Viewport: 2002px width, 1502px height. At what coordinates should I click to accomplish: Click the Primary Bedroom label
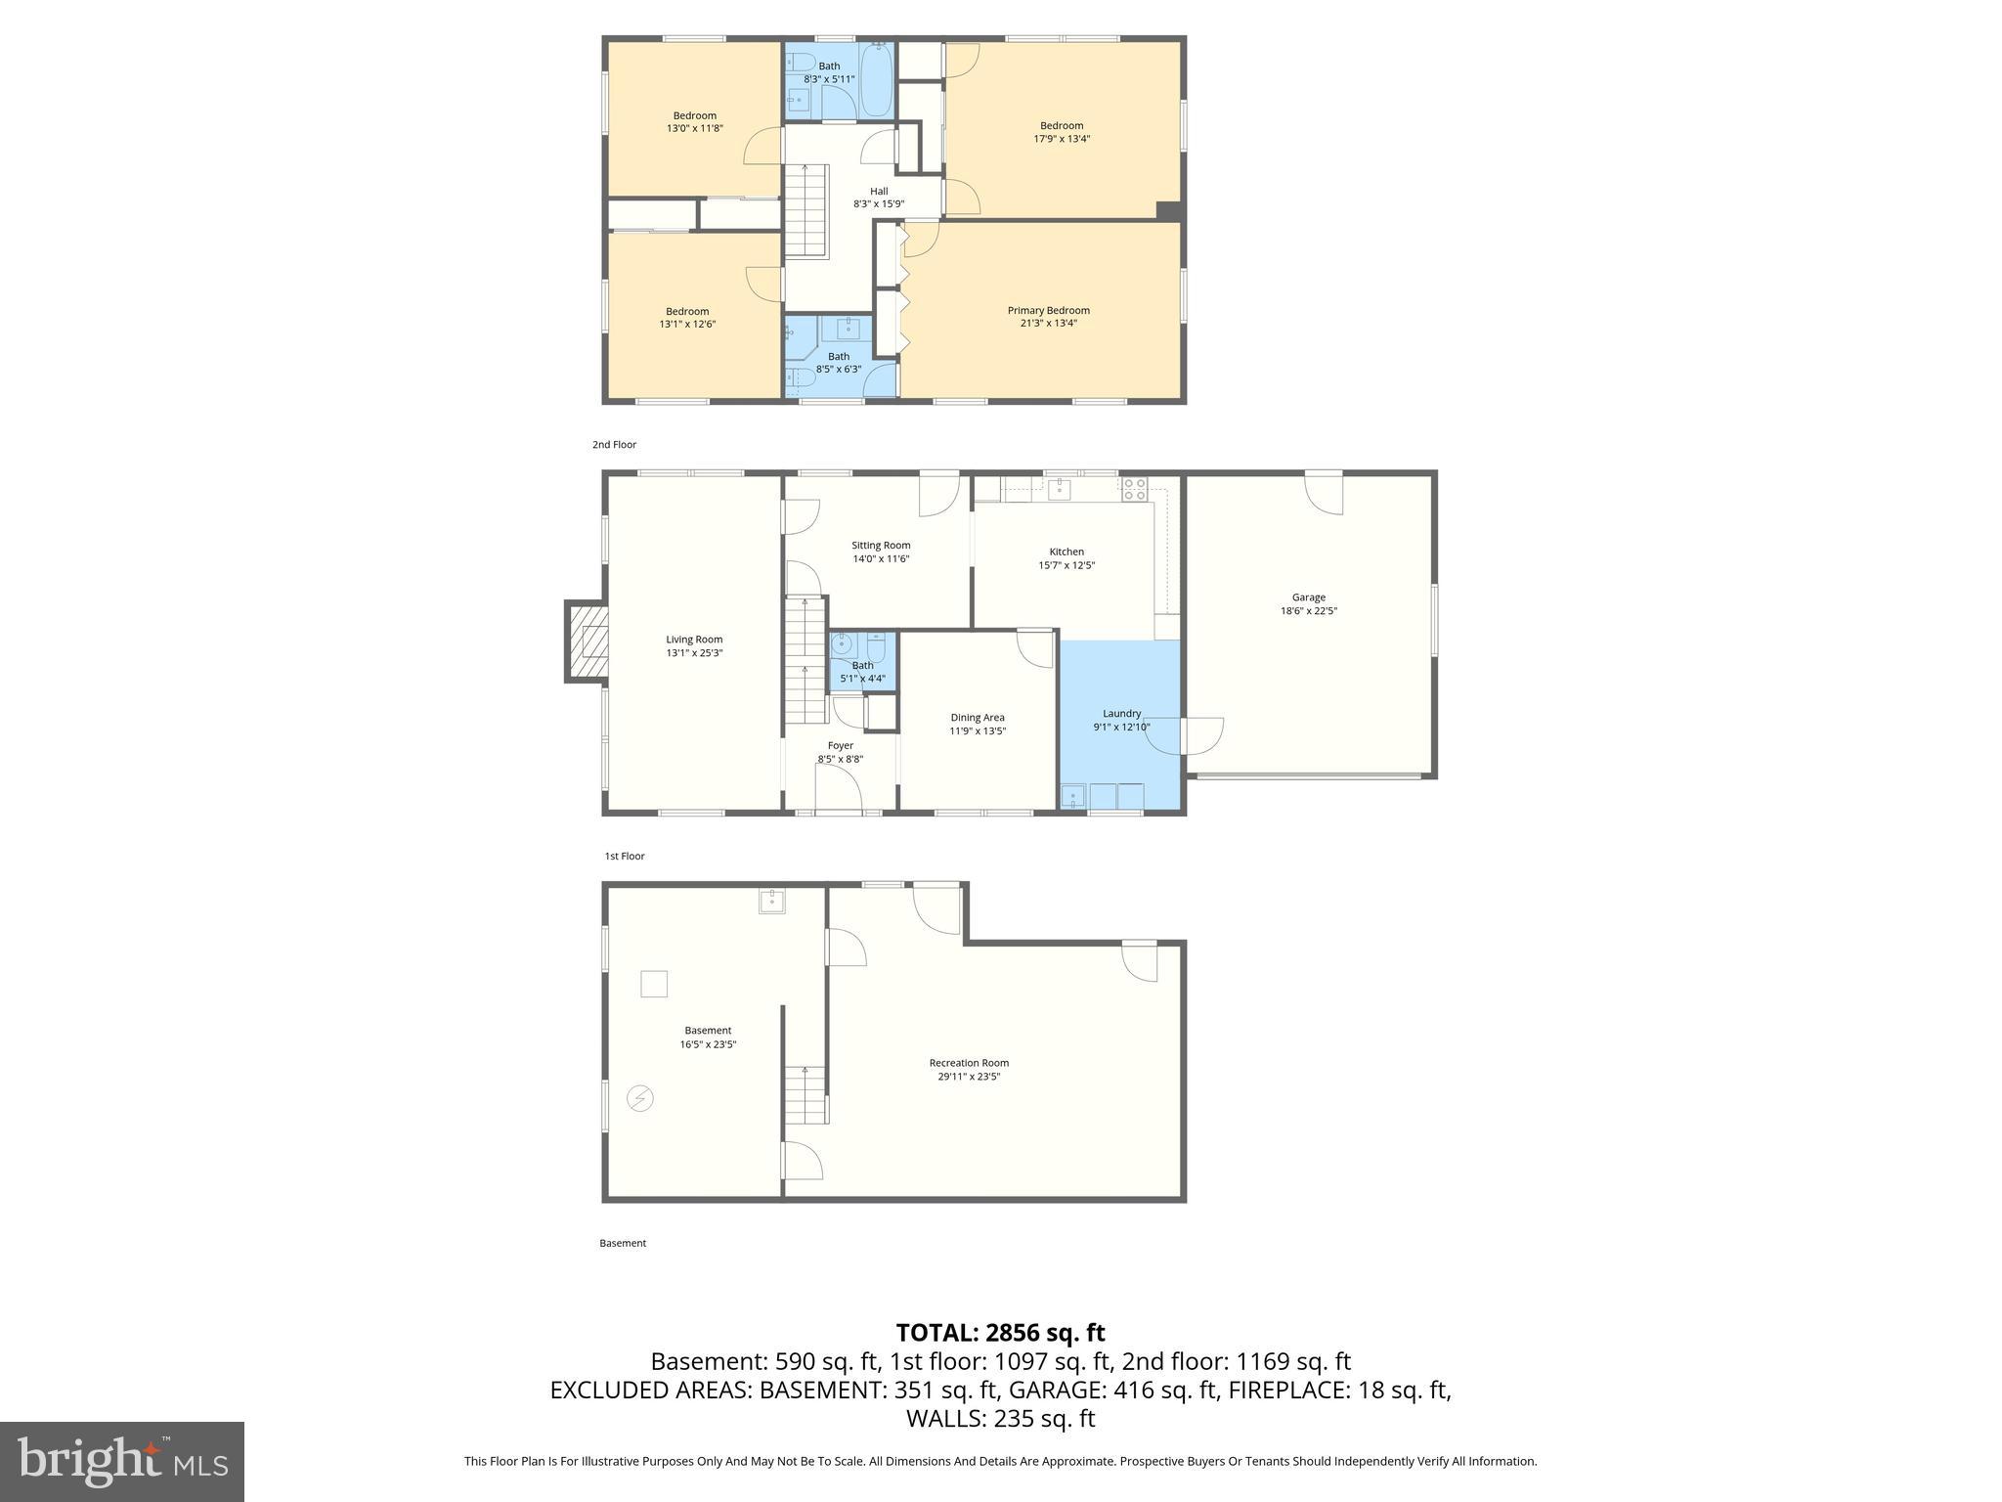point(1048,310)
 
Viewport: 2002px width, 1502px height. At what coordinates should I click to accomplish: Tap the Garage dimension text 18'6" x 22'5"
point(1308,611)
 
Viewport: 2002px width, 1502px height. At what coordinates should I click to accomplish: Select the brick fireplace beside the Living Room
point(587,641)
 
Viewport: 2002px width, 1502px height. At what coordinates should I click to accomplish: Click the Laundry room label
point(1121,714)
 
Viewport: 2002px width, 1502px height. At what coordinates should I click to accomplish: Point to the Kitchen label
point(1066,552)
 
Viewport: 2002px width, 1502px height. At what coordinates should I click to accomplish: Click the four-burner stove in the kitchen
point(1134,489)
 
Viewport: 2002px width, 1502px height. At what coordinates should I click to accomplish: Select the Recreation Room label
point(968,1063)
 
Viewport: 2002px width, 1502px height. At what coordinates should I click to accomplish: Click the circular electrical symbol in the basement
point(639,1098)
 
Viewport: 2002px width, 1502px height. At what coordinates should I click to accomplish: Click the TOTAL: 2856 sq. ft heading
point(1000,1332)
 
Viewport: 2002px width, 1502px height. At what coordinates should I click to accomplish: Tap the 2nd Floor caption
point(614,445)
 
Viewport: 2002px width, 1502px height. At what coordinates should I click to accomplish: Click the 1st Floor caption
point(624,857)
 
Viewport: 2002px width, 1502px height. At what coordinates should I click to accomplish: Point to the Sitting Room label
point(880,546)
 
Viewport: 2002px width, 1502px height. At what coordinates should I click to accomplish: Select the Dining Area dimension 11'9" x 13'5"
point(977,731)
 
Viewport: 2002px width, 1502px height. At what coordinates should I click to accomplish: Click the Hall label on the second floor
point(879,192)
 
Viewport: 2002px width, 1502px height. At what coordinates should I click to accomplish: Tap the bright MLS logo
point(122,1461)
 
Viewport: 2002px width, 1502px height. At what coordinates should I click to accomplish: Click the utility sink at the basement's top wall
point(771,901)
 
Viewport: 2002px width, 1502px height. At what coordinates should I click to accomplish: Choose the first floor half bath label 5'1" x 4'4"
point(862,679)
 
